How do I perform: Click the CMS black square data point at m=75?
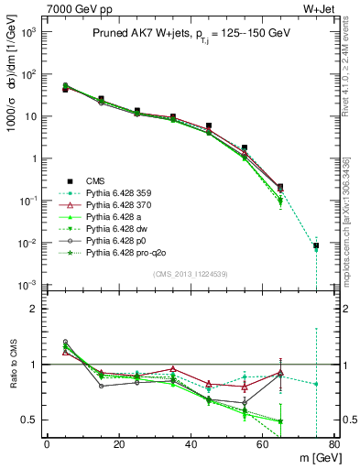[x=316, y=245]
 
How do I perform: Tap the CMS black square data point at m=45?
[x=209, y=126]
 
